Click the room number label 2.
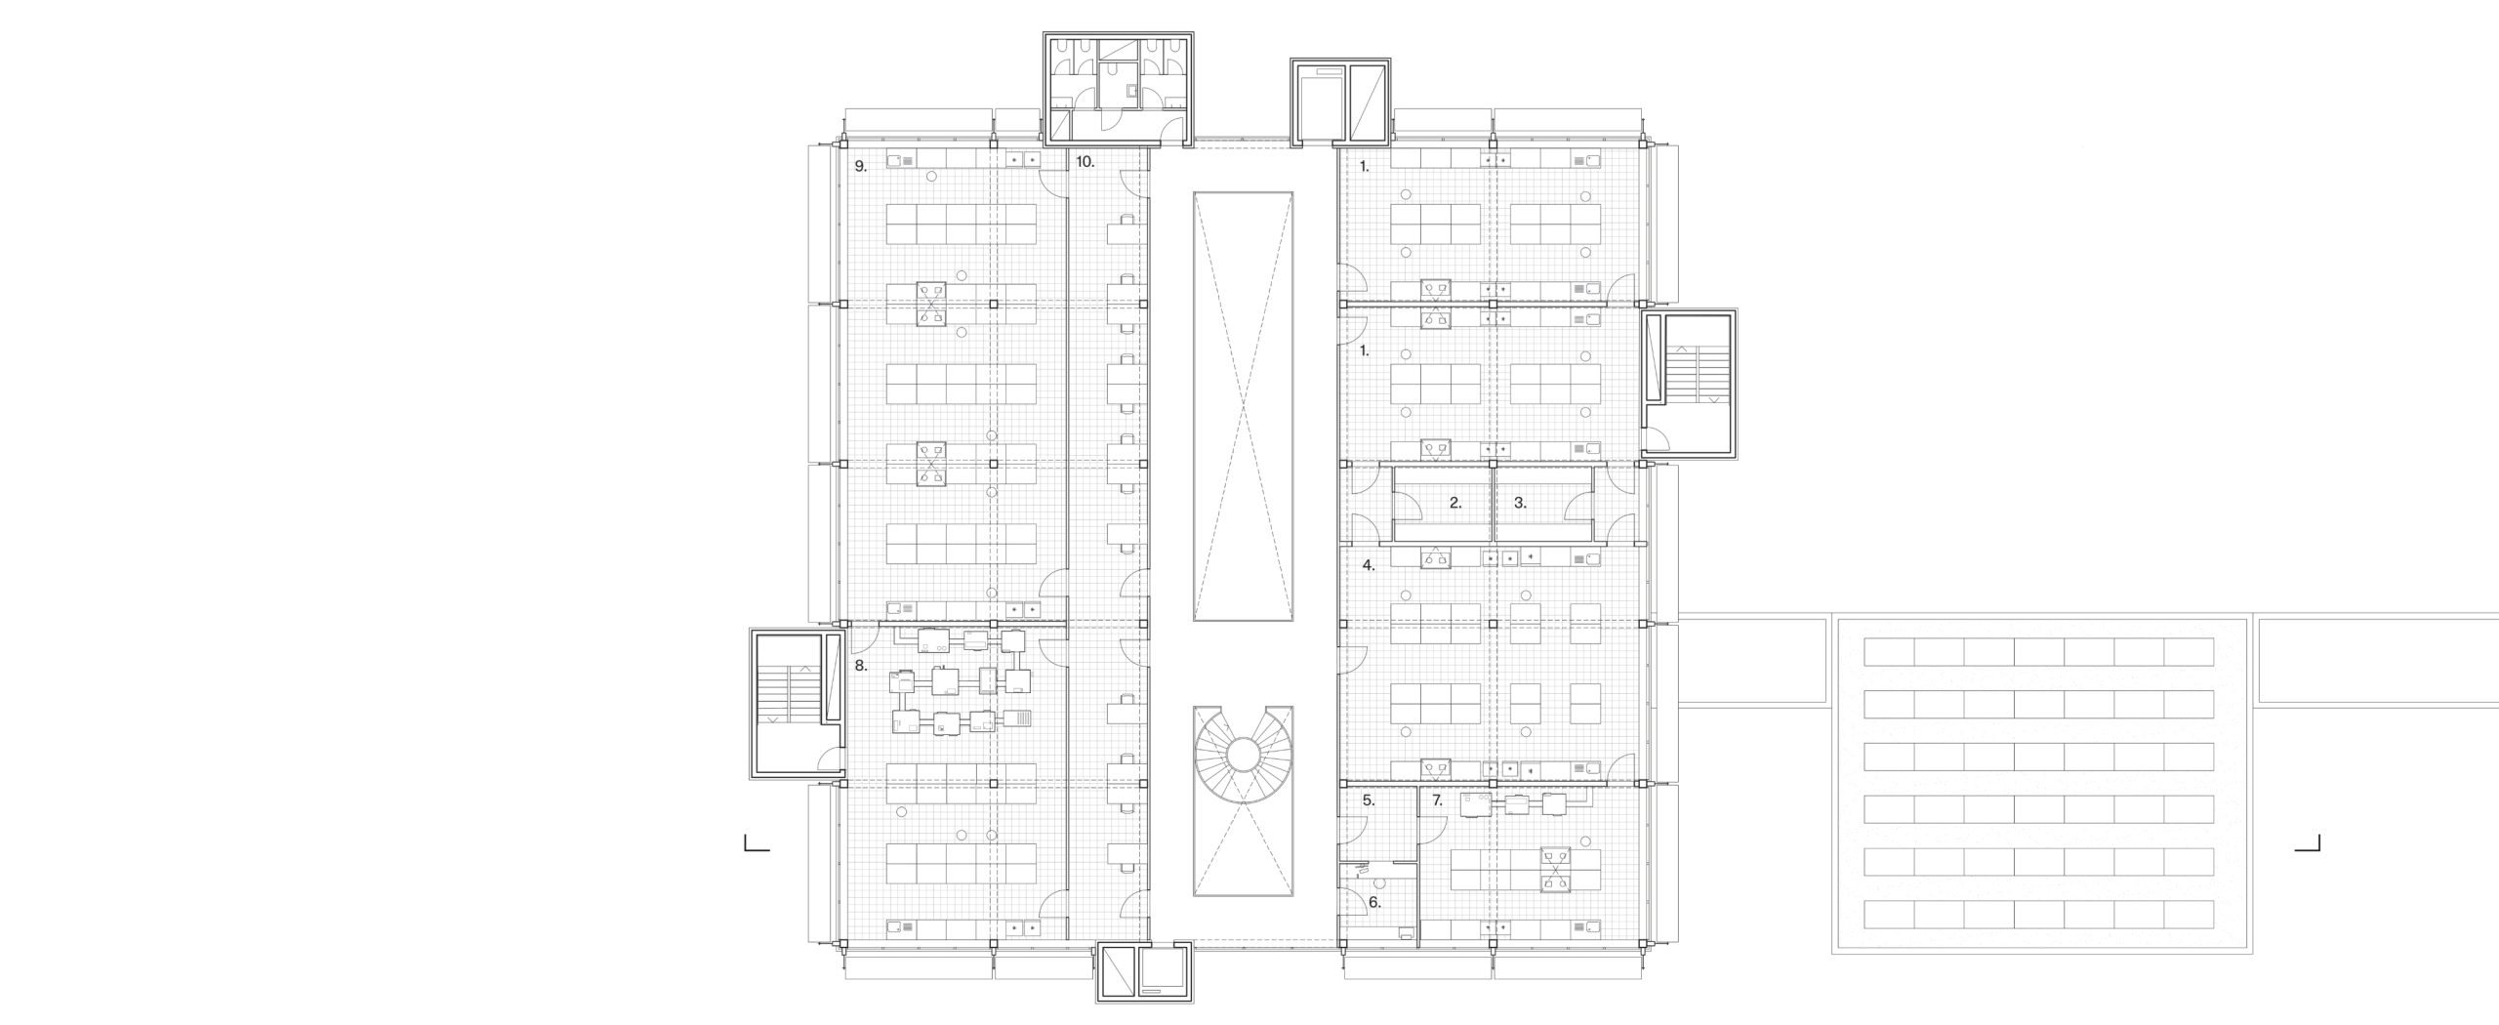tap(1455, 504)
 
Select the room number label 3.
tap(1520, 504)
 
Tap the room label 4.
tap(1369, 564)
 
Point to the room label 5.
tap(1369, 800)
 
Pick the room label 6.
tap(1374, 903)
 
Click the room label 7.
tap(1437, 800)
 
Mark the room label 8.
tap(177, 666)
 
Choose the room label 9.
tap(177, 166)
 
